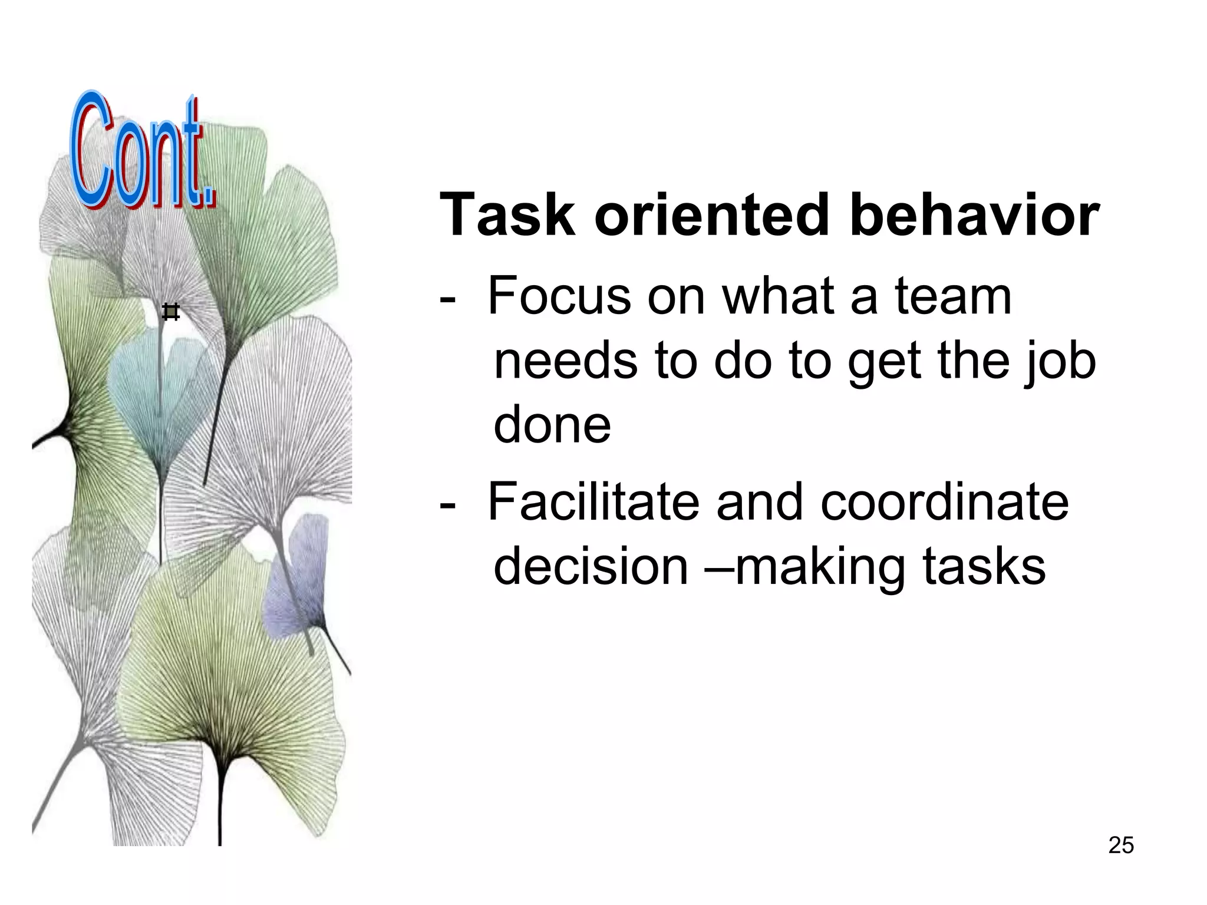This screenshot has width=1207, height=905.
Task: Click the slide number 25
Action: coord(1120,845)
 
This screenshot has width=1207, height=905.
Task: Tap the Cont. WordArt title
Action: coord(141,153)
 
